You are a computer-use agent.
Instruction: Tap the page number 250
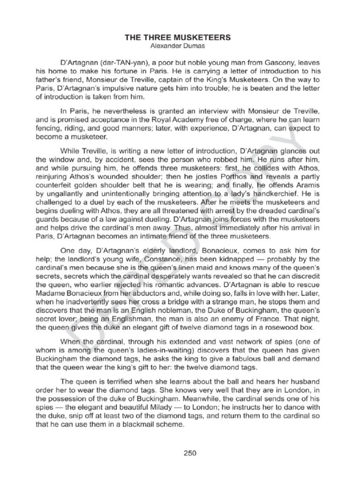click(x=189, y=453)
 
